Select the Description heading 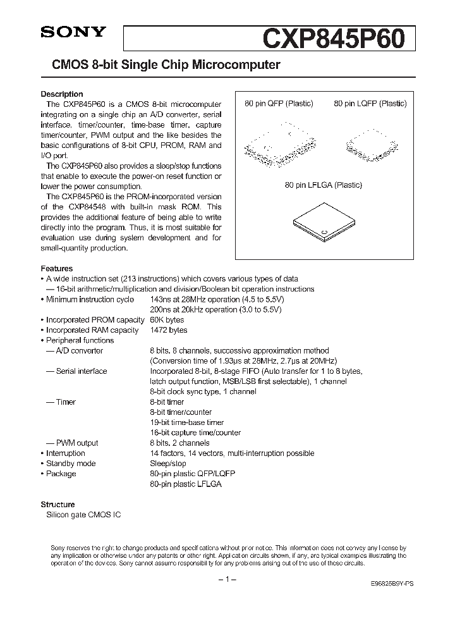62,94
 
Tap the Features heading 57,268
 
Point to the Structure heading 58,505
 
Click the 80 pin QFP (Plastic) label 279,104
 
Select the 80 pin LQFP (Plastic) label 370,104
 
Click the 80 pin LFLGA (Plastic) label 322,185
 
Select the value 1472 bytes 169,330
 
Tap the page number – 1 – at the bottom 226,580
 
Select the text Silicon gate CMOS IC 83,515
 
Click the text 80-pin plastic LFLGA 186,484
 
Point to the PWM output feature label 73,443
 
